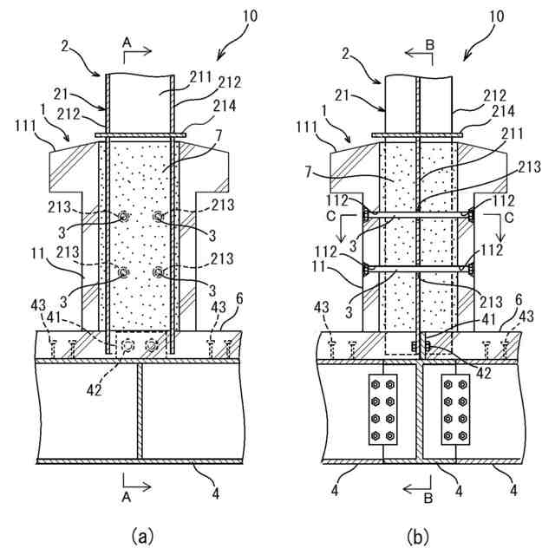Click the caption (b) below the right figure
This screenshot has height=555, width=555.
pos(418,537)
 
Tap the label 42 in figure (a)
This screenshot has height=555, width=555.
pos(94,390)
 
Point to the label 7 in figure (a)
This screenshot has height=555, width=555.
pos(219,136)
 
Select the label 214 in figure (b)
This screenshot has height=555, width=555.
pos(504,111)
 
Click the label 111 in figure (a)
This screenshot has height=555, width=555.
pos(25,126)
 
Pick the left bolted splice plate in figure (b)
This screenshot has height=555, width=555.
pos(383,409)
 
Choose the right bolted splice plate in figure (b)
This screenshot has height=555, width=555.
pos(455,409)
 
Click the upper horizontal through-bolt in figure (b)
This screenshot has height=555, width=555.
pos(418,214)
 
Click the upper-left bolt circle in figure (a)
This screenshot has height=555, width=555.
pos(123,217)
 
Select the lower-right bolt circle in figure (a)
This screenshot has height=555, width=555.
pos(158,272)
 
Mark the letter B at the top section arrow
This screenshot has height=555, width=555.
pos(429,45)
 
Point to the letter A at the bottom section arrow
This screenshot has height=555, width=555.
pos(127,497)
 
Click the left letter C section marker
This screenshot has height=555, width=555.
pos(331,217)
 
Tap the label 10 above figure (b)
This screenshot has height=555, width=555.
pos(496,16)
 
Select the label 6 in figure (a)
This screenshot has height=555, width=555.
pos(239,299)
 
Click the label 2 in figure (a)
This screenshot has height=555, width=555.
pos(64,46)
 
